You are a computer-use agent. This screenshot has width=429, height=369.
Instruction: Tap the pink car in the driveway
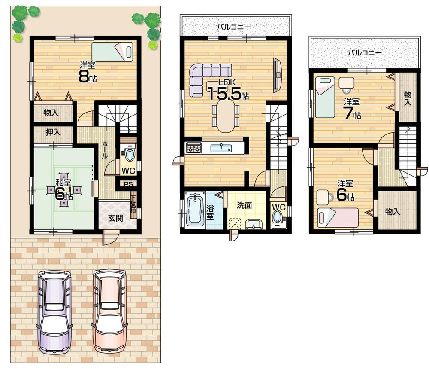coord(109,311)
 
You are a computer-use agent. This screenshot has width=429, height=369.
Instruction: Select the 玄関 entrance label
coord(115,218)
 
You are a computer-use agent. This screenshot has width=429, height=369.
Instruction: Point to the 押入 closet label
coord(54,132)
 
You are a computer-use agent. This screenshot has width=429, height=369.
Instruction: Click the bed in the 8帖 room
coord(112,52)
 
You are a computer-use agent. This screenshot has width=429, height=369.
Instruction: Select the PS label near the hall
coord(128,184)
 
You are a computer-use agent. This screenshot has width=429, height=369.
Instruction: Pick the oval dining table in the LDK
coord(226,116)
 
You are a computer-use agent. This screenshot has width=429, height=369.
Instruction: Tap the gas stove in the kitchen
coord(193,148)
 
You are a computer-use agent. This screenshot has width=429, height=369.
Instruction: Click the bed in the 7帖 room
coord(324,97)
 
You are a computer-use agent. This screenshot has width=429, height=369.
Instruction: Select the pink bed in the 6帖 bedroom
coord(338,217)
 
